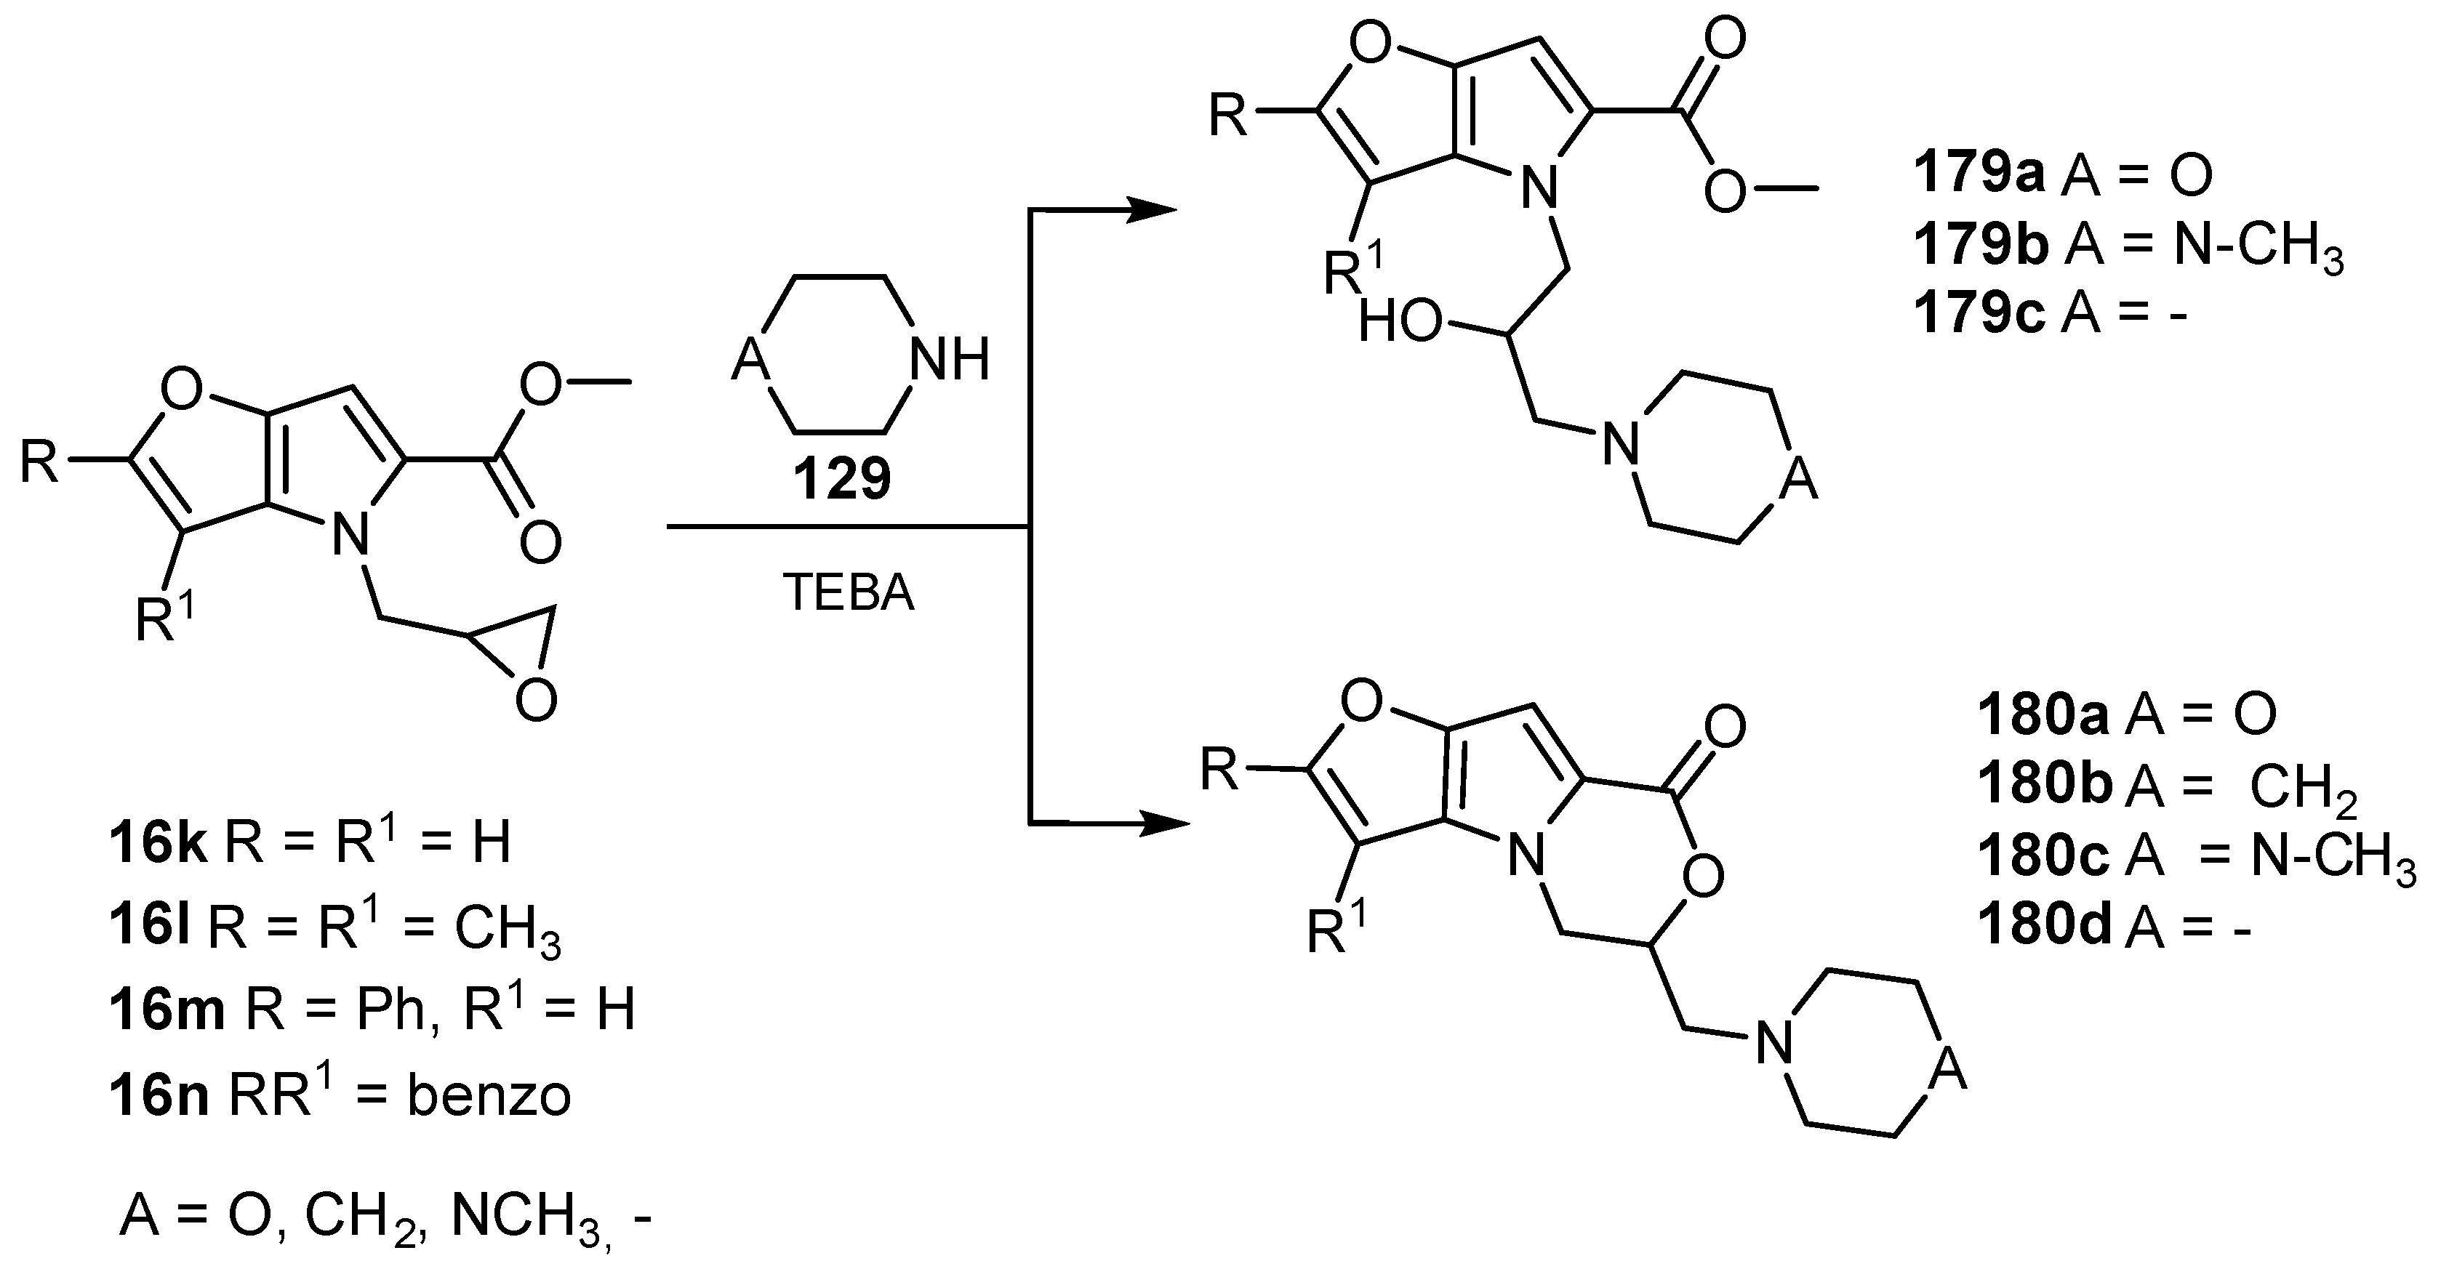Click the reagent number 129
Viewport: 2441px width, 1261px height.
pos(841,478)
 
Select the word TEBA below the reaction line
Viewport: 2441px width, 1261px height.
pos(848,594)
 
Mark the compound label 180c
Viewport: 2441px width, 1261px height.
pos(2042,855)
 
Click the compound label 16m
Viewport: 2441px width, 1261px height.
pos(167,1010)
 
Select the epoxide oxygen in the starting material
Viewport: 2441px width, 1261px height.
pos(537,702)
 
